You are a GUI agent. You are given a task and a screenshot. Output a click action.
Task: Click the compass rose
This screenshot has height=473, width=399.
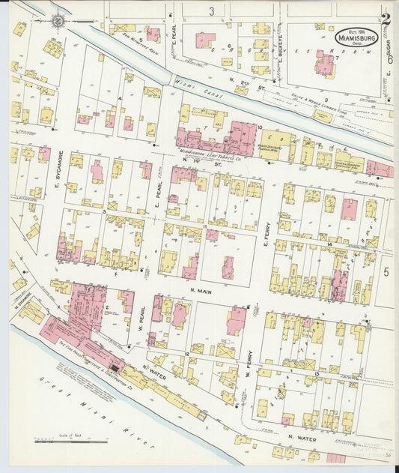pyautogui.click(x=58, y=21)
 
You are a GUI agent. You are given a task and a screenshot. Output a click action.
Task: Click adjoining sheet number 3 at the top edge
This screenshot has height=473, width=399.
pyautogui.click(x=212, y=10)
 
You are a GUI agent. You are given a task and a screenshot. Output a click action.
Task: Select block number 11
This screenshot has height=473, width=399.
pyautogui.click(x=204, y=226)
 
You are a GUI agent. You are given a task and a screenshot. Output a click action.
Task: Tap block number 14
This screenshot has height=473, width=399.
pyautogui.click(x=329, y=244)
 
